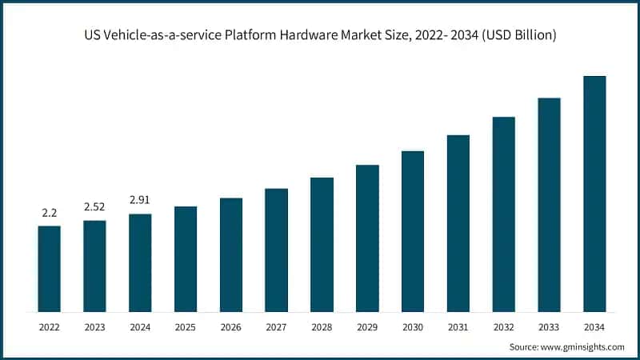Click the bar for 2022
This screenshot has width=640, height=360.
tap(49, 269)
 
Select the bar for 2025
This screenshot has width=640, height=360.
tap(186, 259)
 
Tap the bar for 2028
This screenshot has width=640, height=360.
tap(322, 244)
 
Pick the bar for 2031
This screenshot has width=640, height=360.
tap(458, 223)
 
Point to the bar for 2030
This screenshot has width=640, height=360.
tap(412, 231)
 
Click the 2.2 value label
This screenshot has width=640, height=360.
tap(49, 214)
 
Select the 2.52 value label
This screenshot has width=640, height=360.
tap(94, 207)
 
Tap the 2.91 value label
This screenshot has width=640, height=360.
tap(140, 201)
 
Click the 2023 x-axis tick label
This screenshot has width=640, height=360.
tap(94, 326)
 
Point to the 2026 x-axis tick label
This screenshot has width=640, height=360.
tap(230, 326)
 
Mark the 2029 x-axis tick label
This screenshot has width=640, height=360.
tap(367, 326)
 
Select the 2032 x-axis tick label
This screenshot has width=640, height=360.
tap(503, 326)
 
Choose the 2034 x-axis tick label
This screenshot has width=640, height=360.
tap(594, 326)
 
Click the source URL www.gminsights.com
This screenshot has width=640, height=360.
tap(582, 346)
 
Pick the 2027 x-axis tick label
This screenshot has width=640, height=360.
tap(276, 326)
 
